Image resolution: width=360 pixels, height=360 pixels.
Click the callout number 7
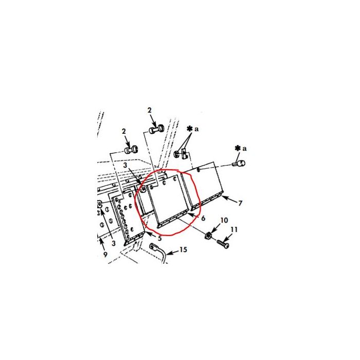pyautogui.click(x=240, y=204)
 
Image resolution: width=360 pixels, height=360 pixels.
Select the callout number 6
pyautogui.click(x=204, y=219)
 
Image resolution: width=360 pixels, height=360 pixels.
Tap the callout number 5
pyautogui.click(x=160, y=238)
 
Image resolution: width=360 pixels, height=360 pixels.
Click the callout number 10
pyautogui.click(x=224, y=221)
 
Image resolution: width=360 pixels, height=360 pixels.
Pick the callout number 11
pyautogui.click(x=235, y=229)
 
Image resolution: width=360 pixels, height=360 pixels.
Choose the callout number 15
pyautogui.click(x=183, y=251)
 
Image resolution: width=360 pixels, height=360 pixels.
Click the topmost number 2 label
pyautogui.click(x=149, y=110)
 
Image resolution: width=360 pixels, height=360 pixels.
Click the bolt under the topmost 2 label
pyautogui.click(x=156, y=129)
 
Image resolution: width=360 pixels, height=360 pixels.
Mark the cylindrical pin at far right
pyautogui.click(x=239, y=164)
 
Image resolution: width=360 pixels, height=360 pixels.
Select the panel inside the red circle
pyautogui.click(x=169, y=201)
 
